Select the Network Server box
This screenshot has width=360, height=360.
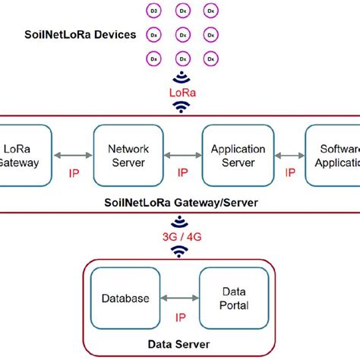(124, 156)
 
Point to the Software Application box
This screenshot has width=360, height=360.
(332, 156)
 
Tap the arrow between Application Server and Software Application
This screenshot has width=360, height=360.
(289, 156)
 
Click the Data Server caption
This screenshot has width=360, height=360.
(179, 343)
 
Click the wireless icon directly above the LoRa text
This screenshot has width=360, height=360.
(180, 77)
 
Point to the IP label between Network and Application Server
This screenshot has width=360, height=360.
(182, 172)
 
